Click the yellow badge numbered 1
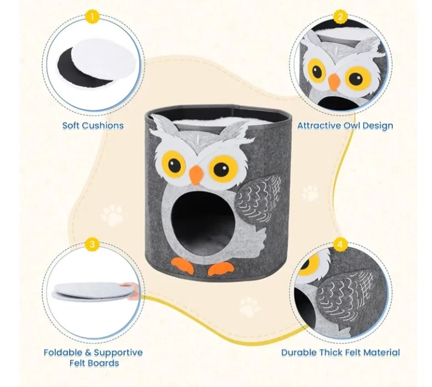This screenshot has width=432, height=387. pos(92,17)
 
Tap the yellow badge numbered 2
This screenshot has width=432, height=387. pos(340,17)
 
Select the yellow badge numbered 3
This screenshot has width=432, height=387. pos(92,244)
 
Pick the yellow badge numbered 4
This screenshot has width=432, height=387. pos(340,244)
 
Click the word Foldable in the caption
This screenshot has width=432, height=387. pos(63,352)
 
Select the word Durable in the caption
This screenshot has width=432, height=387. pos(298,352)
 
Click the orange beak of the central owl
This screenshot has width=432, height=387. pos(196,175)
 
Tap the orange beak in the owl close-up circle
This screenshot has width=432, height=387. pos(334,82)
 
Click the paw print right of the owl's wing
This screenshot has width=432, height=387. pos(311,193)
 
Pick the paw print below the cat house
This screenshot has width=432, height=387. pos(249,306)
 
